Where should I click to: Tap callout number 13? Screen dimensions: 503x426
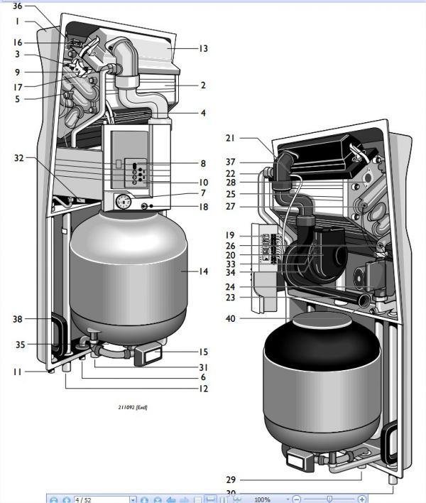(x=203, y=49)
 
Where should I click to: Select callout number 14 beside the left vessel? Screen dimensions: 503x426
(x=204, y=271)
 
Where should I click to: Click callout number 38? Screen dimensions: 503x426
(x=18, y=320)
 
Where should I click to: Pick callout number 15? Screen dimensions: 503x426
(x=204, y=352)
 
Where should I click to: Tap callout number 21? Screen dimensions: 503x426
(x=230, y=138)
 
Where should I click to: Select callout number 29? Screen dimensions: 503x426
(x=230, y=480)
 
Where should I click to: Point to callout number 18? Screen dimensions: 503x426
(x=204, y=207)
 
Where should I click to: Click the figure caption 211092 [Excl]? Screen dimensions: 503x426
(x=133, y=408)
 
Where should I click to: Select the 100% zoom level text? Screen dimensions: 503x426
(x=262, y=499)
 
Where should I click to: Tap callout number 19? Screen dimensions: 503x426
(x=230, y=235)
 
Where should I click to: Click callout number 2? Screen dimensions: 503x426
(x=203, y=85)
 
